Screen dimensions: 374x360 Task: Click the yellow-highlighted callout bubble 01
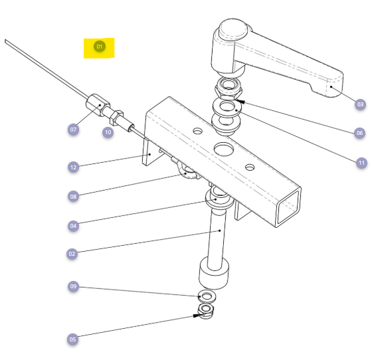tap(100, 46)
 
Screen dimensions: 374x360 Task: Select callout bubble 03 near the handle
tap(360, 104)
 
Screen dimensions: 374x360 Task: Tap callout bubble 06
tap(359, 133)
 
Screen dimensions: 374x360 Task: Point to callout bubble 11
tap(361, 163)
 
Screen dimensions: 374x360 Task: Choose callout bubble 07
tap(73, 130)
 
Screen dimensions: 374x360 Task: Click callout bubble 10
tap(108, 132)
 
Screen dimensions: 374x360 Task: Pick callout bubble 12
tap(73, 167)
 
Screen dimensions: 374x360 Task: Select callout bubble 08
tap(73, 197)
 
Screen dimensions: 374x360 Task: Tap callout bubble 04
tap(73, 226)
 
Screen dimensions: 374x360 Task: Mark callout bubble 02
tap(72, 254)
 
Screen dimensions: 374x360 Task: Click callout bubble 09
tap(73, 286)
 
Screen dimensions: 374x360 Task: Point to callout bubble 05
tap(72, 339)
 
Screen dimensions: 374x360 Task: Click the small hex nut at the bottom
tap(206, 312)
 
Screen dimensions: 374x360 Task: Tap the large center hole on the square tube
tap(224, 149)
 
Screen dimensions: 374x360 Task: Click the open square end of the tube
tap(288, 207)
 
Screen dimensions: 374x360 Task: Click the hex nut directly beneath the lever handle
tap(229, 89)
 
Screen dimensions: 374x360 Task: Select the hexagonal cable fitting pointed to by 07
tap(98, 105)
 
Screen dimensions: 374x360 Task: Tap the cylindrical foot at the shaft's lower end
tap(214, 273)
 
